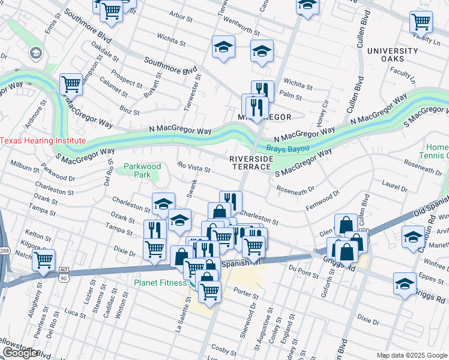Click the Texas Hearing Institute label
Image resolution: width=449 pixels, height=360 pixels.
(43, 141)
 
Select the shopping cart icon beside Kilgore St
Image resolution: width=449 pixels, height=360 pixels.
(43, 261)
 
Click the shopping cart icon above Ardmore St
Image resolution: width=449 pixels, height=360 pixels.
(71, 85)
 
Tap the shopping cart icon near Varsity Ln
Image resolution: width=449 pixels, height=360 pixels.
(421, 22)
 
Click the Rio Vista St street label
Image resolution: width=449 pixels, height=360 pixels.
(193, 166)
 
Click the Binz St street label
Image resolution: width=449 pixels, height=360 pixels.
(130, 111)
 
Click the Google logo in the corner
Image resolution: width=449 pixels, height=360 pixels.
(20, 353)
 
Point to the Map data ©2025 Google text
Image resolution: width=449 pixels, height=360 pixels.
(412, 355)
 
